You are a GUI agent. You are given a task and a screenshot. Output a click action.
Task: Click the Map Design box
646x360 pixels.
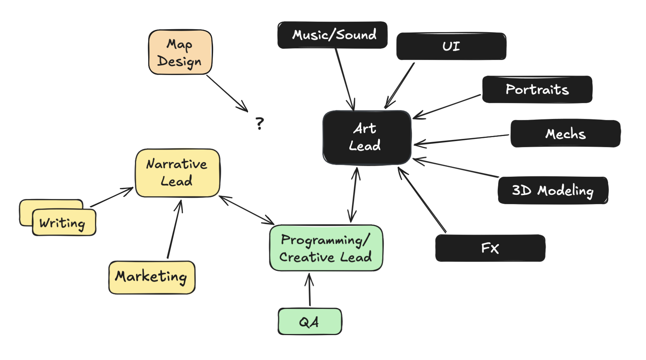coord(180,52)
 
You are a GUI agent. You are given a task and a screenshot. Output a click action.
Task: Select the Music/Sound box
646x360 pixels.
coord(332,35)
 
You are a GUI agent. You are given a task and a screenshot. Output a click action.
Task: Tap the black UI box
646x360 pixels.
coord(451,46)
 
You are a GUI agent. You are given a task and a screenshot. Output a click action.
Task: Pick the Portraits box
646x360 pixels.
coord(537,89)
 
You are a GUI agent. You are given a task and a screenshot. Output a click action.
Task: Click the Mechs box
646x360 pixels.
coord(565,134)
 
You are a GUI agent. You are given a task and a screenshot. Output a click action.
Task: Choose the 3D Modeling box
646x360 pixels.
coord(553,190)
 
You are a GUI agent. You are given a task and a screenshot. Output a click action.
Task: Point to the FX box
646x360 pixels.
coord(490,248)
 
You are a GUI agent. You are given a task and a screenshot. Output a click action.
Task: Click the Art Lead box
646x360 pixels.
coord(367,137)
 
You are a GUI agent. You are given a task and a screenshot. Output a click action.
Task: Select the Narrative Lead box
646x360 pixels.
coord(177,173)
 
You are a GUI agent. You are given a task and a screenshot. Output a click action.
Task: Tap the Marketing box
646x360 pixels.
coord(152,277)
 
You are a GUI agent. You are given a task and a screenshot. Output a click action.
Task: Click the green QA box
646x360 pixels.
coord(310,321)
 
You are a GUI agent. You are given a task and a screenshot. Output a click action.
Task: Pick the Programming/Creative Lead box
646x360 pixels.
coord(326,248)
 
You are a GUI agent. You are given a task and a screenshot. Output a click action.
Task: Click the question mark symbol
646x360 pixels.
coord(260,123)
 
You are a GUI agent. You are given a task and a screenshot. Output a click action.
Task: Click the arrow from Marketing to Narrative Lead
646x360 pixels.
coord(174,229)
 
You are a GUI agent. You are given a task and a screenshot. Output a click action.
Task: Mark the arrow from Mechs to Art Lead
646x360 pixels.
coord(461,140)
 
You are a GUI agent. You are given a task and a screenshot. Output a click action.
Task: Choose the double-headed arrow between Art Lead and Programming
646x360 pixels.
coord(354,195)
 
